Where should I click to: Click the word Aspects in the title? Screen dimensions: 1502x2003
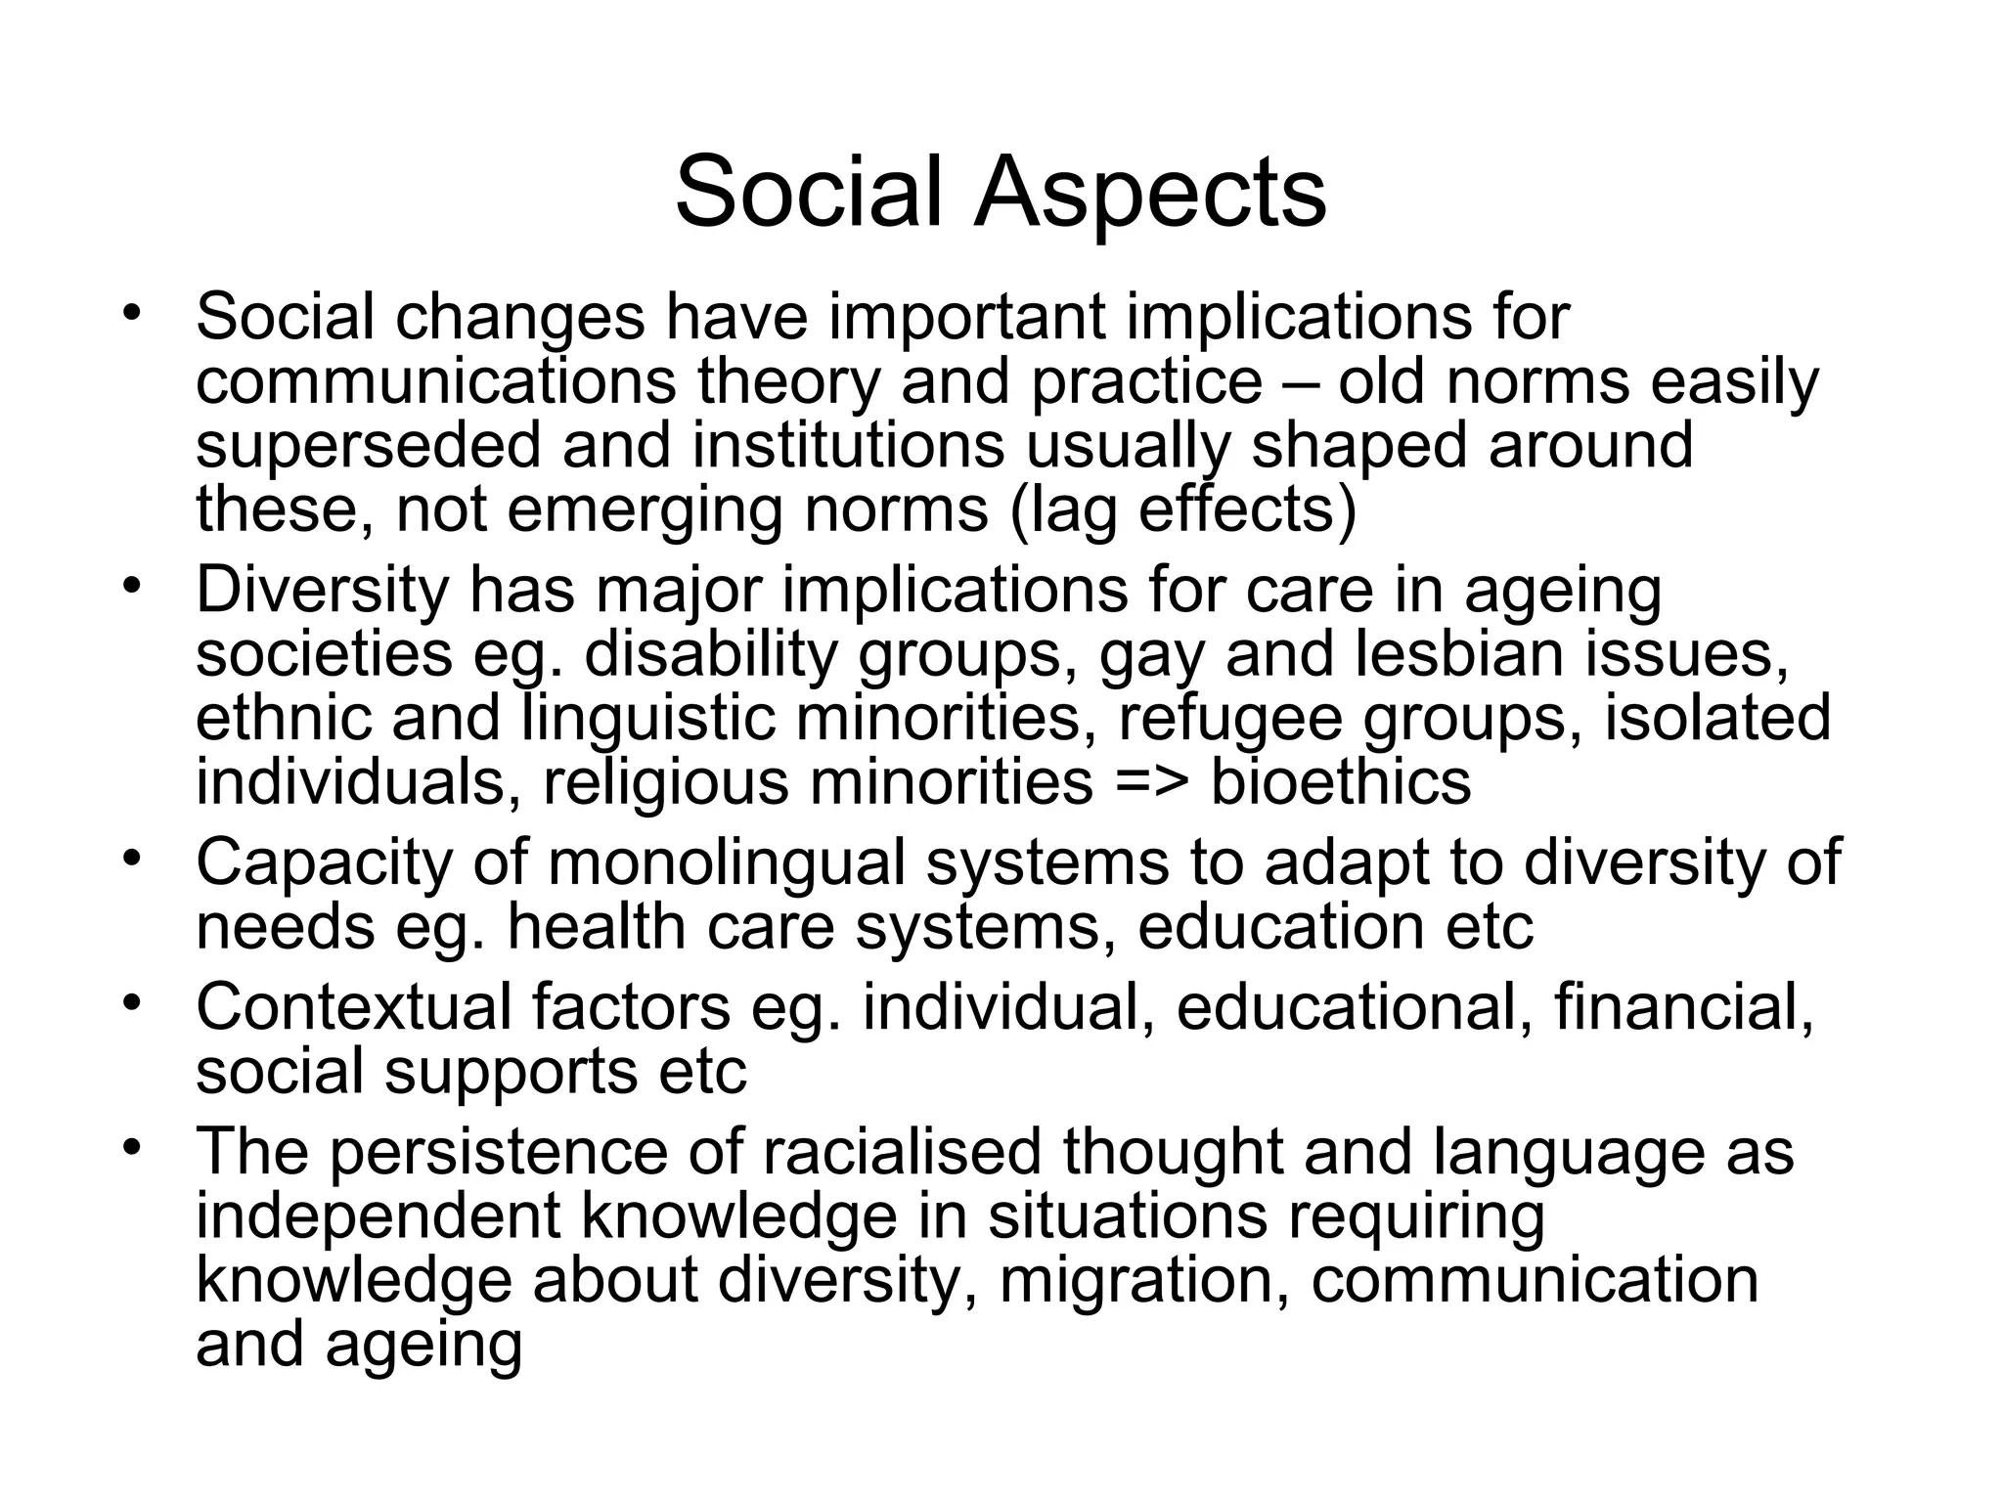point(1148,194)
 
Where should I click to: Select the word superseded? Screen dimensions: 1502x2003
point(368,445)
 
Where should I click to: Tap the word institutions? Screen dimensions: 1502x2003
point(848,445)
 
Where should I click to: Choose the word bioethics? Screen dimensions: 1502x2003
point(1341,782)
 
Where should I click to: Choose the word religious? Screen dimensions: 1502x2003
point(665,782)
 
